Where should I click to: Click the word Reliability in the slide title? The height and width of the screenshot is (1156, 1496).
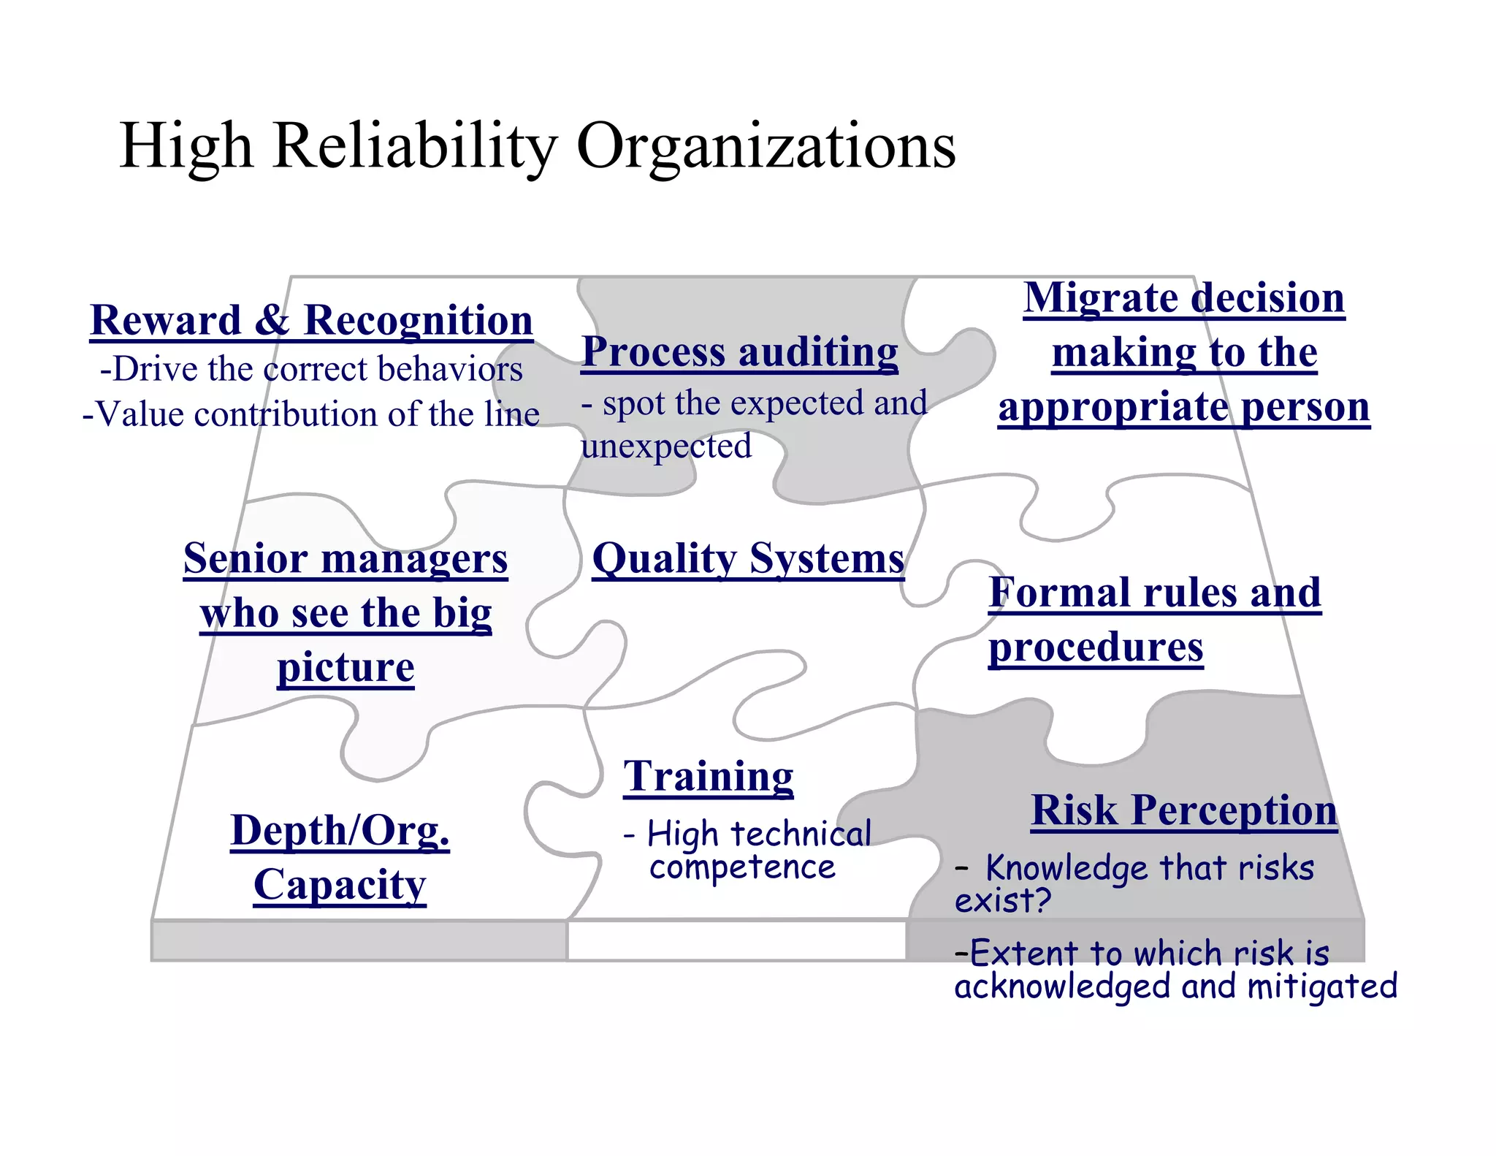coord(414,145)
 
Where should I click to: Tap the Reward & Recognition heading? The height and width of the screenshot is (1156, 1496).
coord(311,321)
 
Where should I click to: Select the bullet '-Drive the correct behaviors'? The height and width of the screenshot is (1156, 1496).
coord(311,369)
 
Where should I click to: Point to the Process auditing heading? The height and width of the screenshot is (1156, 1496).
coord(739,352)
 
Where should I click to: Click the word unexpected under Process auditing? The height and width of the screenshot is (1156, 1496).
coord(665,446)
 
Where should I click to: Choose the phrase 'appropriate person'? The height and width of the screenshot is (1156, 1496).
coord(1183,407)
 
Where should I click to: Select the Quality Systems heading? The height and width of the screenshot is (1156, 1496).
coord(748,559)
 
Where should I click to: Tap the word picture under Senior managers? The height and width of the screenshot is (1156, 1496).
coord(346,667)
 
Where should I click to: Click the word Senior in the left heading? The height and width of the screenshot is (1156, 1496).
coord(245,559)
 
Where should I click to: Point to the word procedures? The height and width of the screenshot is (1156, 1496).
coord(1096,647)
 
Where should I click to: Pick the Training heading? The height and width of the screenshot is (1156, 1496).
coord(708,776)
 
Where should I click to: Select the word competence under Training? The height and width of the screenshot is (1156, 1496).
coord(742,867)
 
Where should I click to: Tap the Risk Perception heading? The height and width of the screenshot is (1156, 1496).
coord(1183,810)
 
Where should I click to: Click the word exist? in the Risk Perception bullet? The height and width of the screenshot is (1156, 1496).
coord(1002,900)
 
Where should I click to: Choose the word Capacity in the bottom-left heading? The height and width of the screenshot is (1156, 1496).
coord(340,885)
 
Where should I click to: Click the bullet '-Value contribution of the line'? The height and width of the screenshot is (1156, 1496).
coord(311,414)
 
